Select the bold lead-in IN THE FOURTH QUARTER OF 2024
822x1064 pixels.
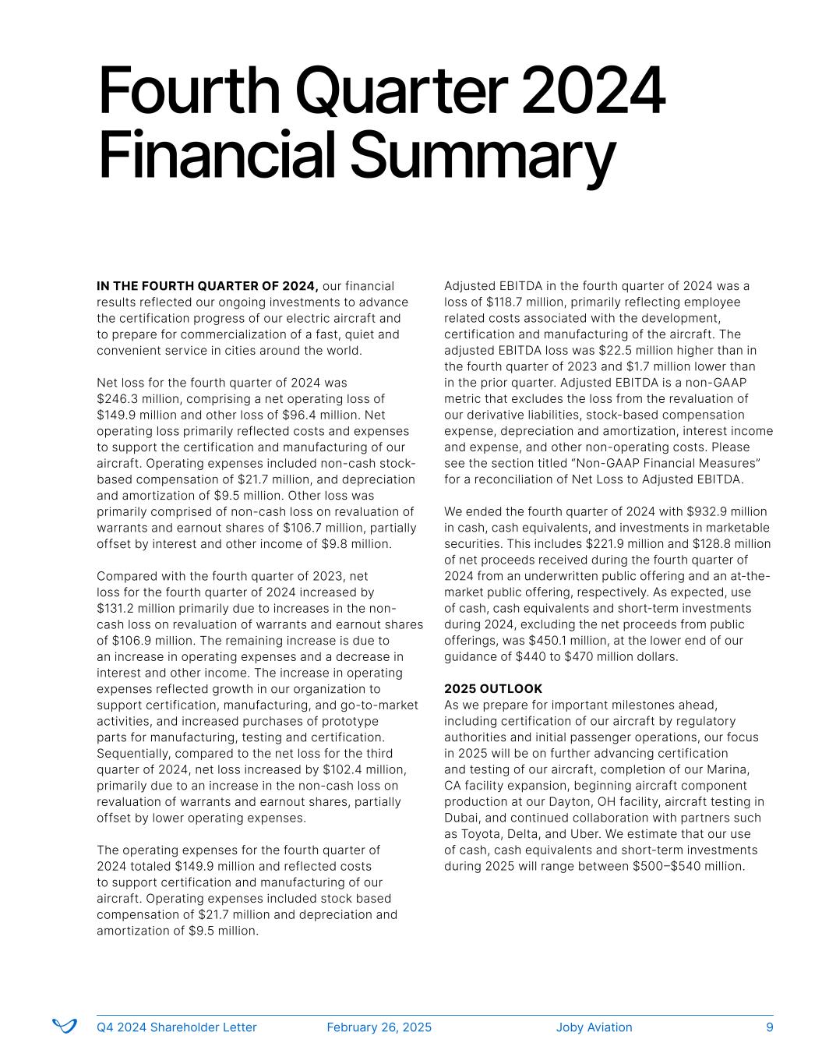tap(207, 286)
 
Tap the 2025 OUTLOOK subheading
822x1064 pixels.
tap(493, 689)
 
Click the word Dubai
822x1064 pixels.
tap(461, 818)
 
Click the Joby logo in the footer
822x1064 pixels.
tap(64, 1027)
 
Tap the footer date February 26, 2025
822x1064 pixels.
tap(379, 1027)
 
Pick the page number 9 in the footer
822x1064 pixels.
tap(770, 1027)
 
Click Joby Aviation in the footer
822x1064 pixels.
tap(594, 1027)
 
